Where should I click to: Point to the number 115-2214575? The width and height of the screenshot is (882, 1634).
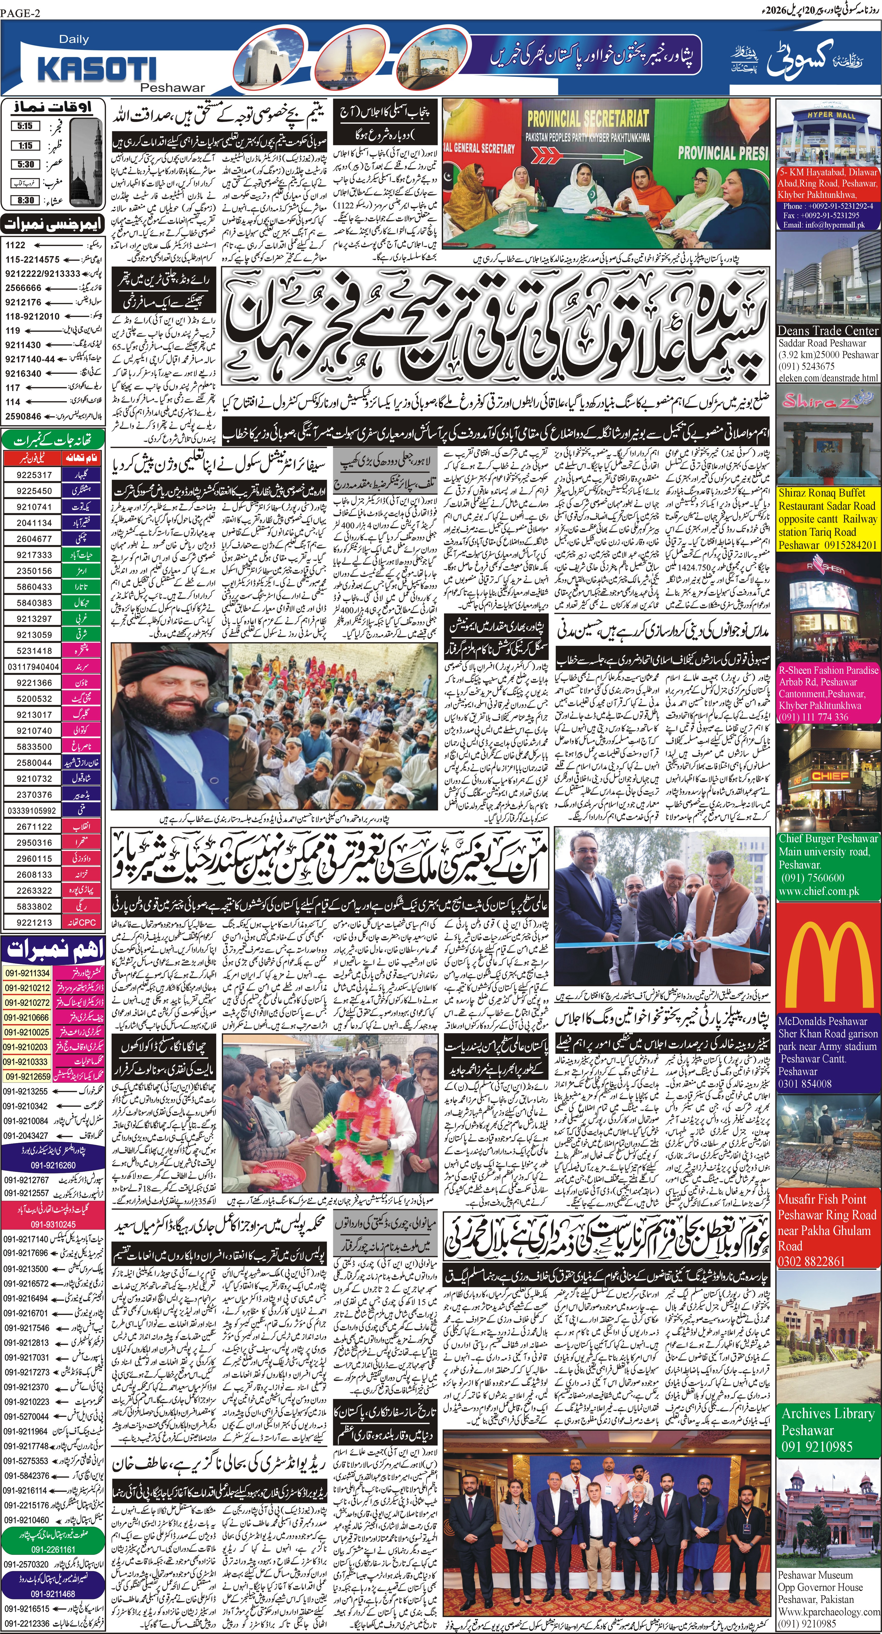pyautogui.click(x=32, y=259)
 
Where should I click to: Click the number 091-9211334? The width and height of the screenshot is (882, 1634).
pyautogui.click(x=27, y=973)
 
